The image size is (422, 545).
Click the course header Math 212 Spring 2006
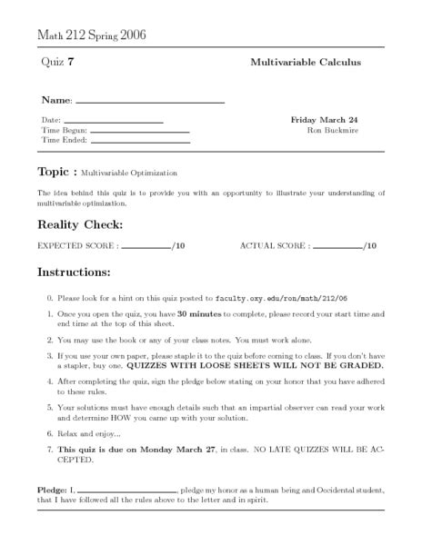pos(91,35)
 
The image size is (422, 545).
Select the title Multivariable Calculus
pos(306,63)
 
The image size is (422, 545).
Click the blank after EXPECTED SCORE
pos(146,247)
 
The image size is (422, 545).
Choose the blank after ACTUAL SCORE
pos(337,247)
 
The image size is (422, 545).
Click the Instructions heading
pos(74,272)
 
